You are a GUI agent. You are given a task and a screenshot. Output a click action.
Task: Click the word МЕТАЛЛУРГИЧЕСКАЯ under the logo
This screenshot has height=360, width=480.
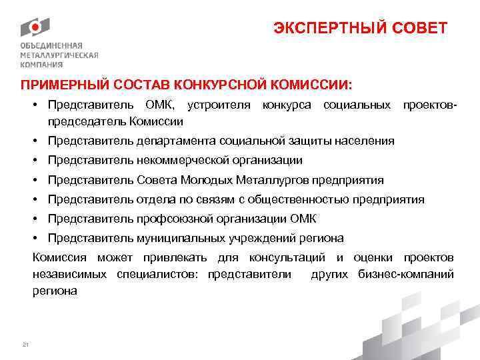(x=59, y=55)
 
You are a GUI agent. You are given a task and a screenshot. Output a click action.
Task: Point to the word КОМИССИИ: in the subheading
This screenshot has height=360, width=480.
(x=311, y=85)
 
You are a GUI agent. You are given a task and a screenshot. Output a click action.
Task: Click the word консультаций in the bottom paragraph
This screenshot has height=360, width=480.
(x=287, y=257)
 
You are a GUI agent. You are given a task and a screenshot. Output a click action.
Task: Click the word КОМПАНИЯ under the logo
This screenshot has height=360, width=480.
(x=41, y=65)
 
